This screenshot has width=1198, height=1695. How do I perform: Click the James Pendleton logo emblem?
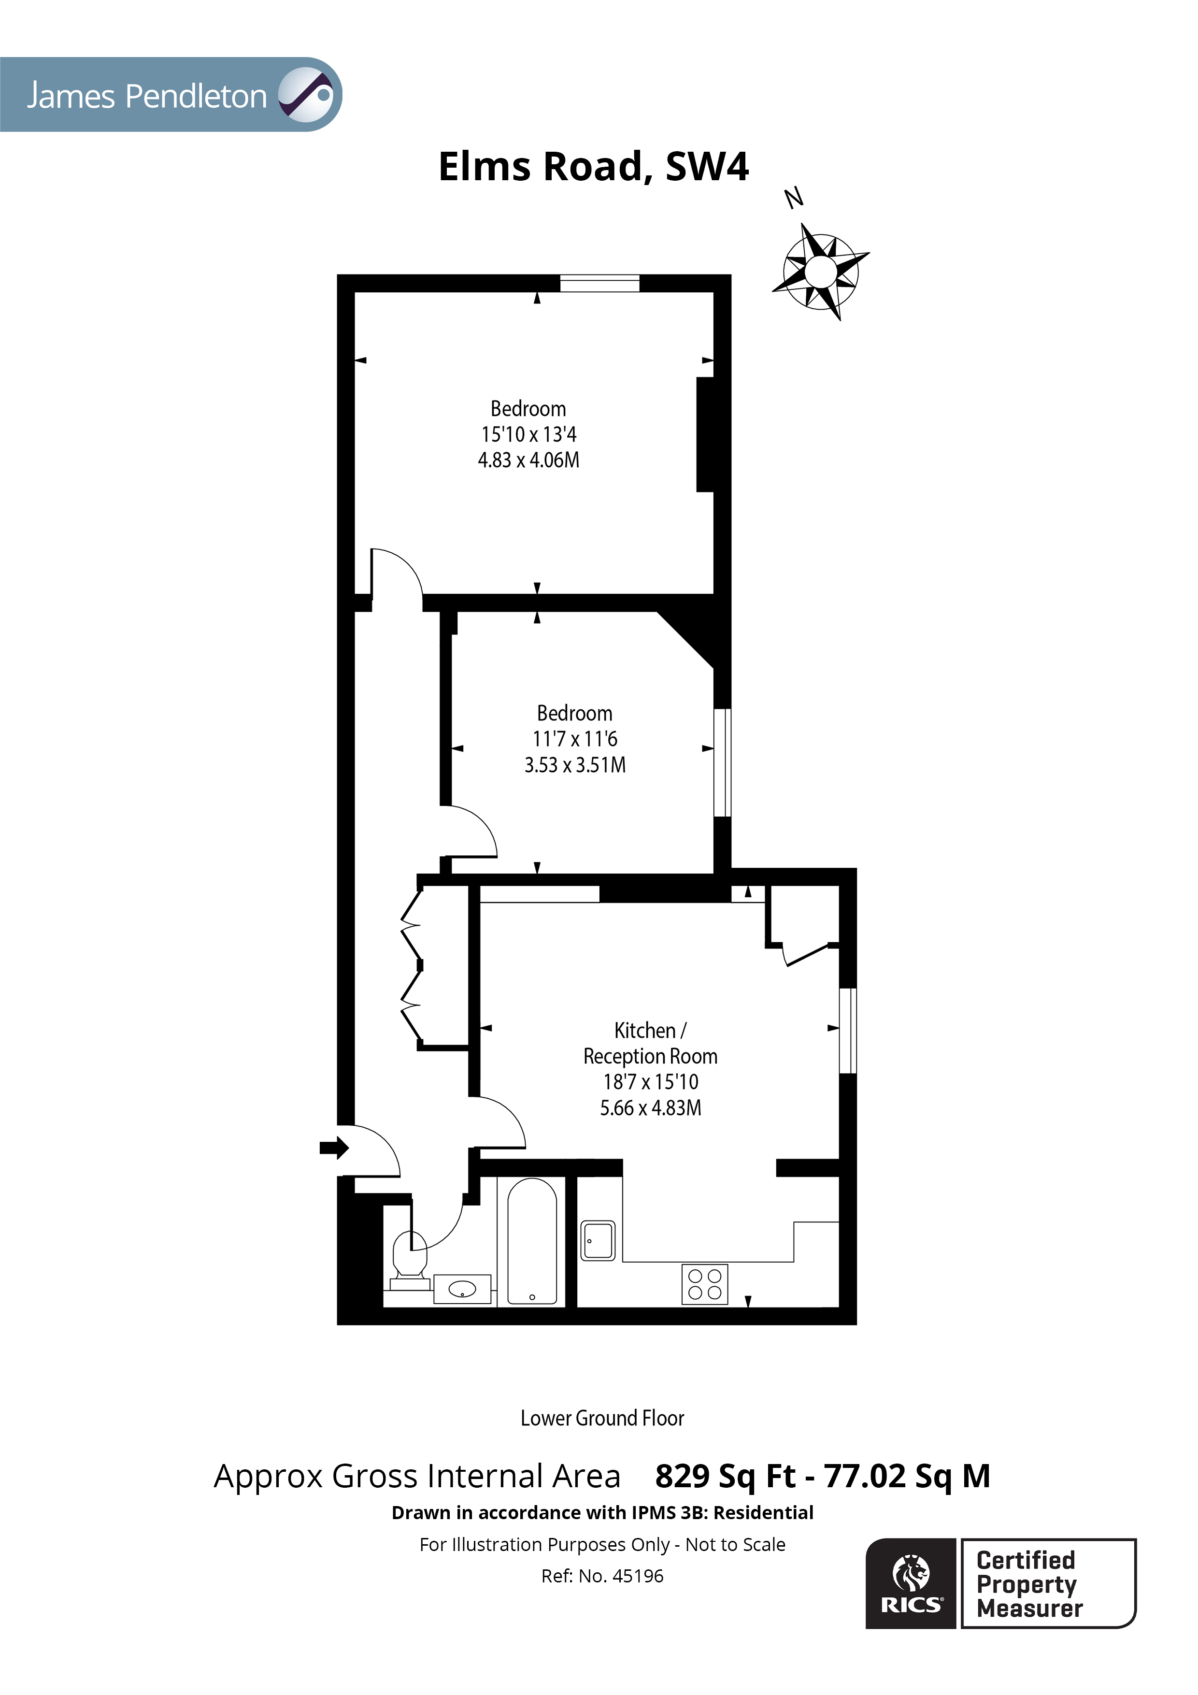click(306, 95)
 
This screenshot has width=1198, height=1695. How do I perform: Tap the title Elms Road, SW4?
click(594, 166)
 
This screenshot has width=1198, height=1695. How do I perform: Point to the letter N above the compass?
click(794, 198)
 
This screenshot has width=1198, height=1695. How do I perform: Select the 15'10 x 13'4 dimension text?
click(528, 434)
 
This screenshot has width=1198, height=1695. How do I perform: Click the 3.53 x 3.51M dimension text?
click(575, 765)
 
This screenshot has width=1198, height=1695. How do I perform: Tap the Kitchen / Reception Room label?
click(650, 1043)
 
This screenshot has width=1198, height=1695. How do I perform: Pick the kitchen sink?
click(598, 1240)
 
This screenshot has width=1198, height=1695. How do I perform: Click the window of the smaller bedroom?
click(723, 762)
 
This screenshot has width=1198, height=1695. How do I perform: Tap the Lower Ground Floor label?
click(602, 1418)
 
